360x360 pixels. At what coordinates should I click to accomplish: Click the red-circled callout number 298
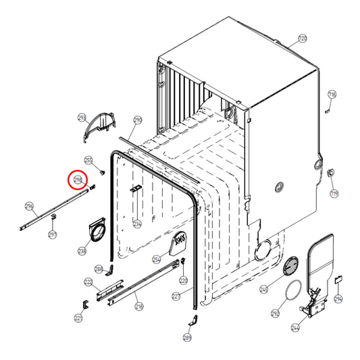tap(78, 180)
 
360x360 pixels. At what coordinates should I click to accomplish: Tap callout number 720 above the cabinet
tap(301, 38)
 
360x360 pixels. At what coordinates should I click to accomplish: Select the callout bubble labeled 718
tap(332, 94)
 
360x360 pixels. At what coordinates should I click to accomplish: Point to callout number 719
tap(334, 194)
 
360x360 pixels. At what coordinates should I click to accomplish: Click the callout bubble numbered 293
tap(82, 118)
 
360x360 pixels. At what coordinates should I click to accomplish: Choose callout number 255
tap(88, 160)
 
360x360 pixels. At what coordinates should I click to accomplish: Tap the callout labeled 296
tap(29, 206)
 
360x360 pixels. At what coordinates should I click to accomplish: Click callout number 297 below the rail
tap(53, 234)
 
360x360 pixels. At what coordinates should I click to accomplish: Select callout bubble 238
tap(82, 251)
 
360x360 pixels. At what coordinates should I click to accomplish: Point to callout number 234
tap(136, 224)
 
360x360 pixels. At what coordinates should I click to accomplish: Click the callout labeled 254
tap(156, 259)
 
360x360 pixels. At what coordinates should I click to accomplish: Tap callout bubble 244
tap(295, 328)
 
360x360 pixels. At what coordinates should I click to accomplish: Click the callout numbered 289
tap(187, 338)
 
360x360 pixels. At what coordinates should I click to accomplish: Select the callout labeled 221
tap(78, 317)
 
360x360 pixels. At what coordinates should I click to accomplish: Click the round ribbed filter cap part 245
tap(291, 266)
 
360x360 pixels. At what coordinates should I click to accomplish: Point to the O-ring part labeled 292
tap(293, 295)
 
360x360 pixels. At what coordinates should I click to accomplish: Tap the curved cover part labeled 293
tap(99, 127)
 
